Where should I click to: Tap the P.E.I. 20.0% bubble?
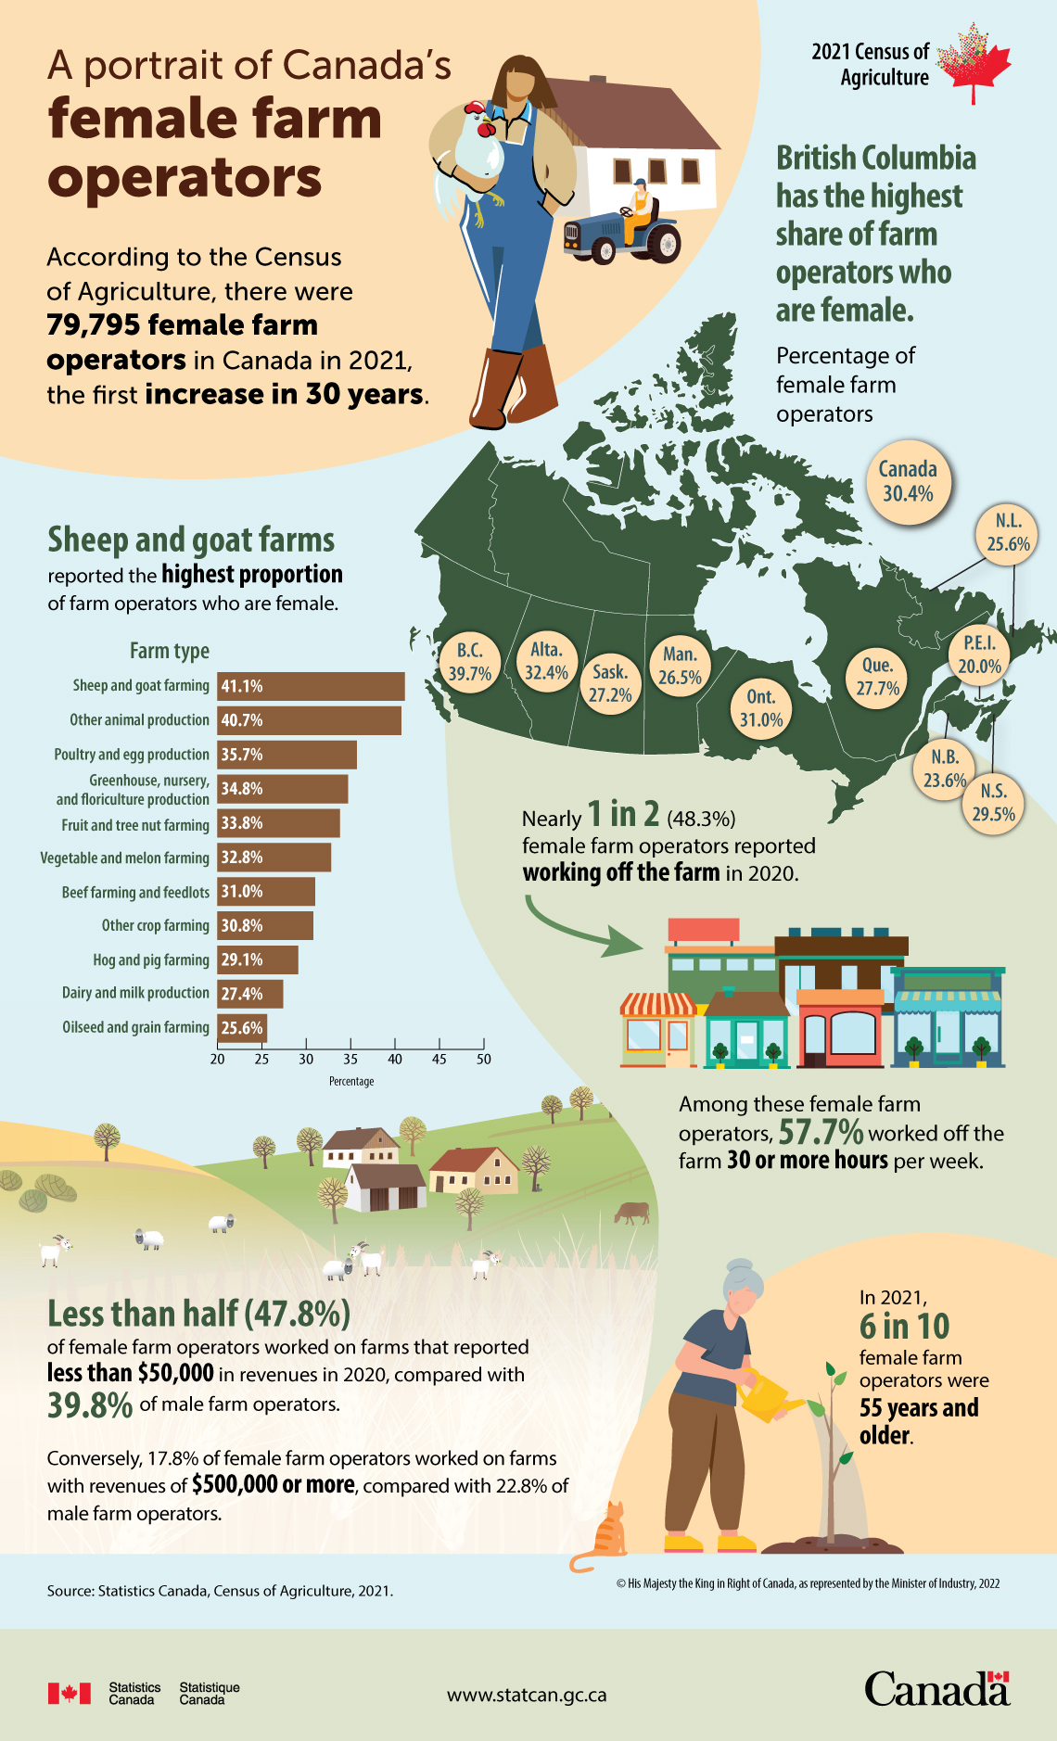coord(979,654)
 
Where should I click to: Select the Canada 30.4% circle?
coord(908,481)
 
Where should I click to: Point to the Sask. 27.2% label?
coord(610,683)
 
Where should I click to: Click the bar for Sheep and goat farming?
coord(311,686)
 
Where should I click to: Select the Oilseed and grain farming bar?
coord(242,1027)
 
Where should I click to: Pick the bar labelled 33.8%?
coord(278,823)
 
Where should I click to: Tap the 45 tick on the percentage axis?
coord(439,1059)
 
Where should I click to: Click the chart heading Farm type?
coord(170,651)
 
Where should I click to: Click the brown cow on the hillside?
coord(631,1212)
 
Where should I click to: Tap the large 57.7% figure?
coord(821,1132)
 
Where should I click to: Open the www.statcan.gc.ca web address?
coord(527,1695)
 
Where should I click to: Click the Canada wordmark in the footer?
coord(936,1689)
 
